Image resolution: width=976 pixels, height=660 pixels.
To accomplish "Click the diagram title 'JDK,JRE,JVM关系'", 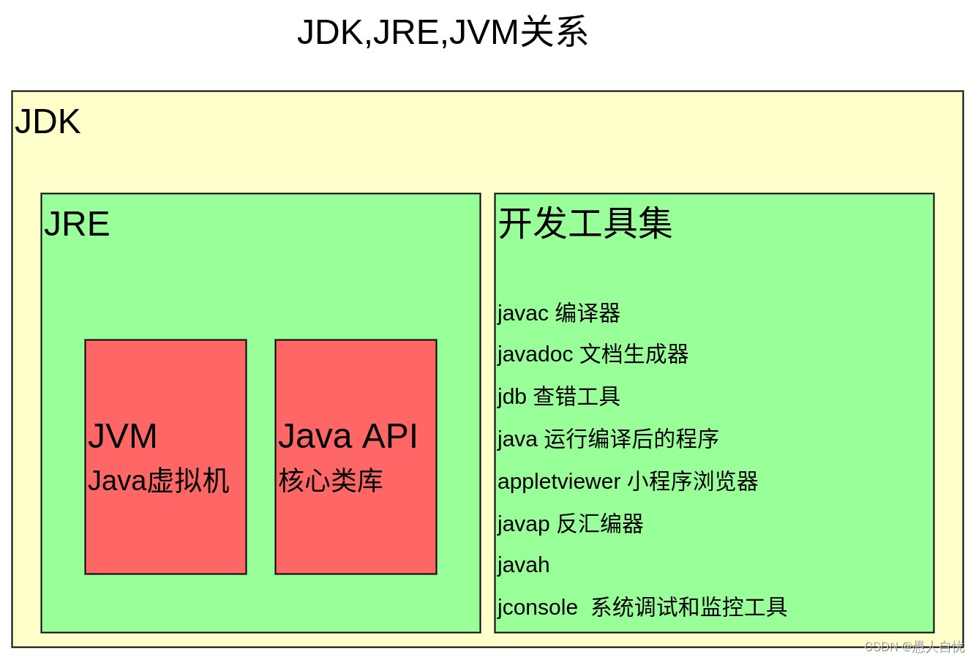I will click(442, 33).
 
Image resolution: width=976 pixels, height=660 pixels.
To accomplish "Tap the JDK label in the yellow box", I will click(48, 122).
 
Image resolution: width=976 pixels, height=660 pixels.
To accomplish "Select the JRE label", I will click(77, 225).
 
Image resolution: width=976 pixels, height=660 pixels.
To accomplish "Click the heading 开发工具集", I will click(585, 223).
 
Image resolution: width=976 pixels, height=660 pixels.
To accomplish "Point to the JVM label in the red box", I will click(122, 437).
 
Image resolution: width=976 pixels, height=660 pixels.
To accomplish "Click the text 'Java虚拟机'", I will click(158, 481).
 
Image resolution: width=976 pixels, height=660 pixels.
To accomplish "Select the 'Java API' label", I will click(348, 437).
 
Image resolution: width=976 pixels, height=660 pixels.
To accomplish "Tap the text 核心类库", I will click(330, 481).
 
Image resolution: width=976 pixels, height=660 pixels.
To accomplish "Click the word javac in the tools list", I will click(522, 313).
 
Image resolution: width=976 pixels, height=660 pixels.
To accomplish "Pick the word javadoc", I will click(535, 354).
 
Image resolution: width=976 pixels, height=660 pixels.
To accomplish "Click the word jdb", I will click(511, 397).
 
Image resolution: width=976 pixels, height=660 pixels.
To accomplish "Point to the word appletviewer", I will click(559, 481).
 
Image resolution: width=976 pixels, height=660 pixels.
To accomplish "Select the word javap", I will click(523, 524).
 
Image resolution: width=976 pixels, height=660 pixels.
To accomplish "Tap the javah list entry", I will click(523, 566).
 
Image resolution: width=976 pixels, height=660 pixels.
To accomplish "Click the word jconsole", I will click(538, 607).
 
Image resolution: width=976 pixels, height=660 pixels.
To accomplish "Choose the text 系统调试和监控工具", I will click(688, 607).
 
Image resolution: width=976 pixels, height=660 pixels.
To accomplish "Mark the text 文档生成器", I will click(634, 354).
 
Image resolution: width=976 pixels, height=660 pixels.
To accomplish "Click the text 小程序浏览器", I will click(692, 481).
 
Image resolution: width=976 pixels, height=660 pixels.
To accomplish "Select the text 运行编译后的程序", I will click(631, 439).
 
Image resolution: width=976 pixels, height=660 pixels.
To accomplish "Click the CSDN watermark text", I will click(915, 647).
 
